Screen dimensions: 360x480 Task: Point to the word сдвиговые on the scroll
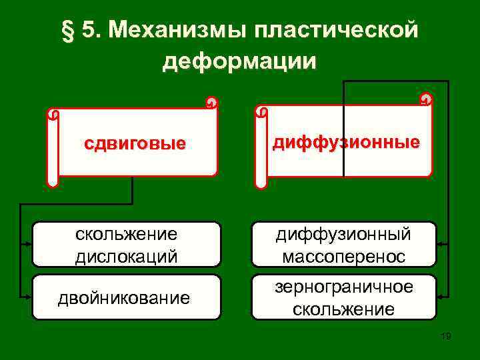pyautogui.click(x=134, y=144)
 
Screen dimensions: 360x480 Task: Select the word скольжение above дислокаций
pyautogui.click(x=127, y=234)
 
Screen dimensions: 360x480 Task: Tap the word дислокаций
pyautogui.click(x=127, y=256)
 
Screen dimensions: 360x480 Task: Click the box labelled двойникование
pyautogui.click(x=127, y=297)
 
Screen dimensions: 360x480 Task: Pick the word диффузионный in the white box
pyautogui.click(x=344, y=234)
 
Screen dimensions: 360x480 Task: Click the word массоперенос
pyautogui.click(x=344, y=256)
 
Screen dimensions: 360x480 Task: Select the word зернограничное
pyautogui.click(x=344, y=287)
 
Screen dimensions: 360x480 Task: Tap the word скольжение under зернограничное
pyautogui.click(x=344, y=309)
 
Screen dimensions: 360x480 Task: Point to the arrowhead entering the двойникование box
pyautogui.click(x=29, y=297)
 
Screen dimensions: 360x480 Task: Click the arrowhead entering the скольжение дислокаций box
pyautogui.click(x=29, y=244)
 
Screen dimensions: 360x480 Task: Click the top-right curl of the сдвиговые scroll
pyautogui.click(x=211, y=103)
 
